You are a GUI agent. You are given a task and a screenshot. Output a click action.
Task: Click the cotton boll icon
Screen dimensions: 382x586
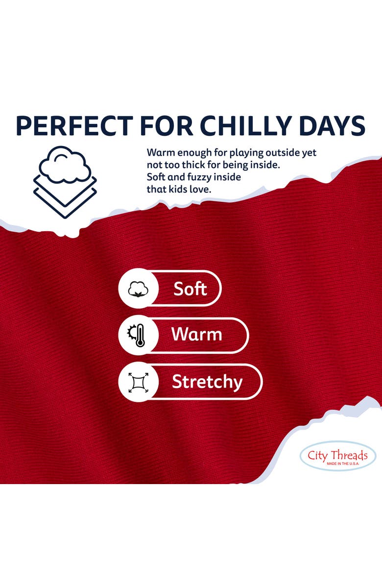(x=138, y=289)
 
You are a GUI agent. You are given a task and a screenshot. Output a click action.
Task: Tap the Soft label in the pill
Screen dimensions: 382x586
(x=190, y=289)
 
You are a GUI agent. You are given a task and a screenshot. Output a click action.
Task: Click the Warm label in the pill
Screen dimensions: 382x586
(x=197, y=334)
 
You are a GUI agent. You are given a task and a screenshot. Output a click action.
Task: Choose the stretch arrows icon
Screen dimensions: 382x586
(x=138, y=382)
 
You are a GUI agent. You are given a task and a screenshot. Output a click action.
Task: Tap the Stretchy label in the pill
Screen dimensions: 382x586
(x=207, y=382)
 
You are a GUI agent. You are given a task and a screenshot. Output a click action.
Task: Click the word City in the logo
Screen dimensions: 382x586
(x=318, y=456)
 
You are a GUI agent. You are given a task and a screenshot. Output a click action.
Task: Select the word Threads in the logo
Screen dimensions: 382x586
(x=350, y=455)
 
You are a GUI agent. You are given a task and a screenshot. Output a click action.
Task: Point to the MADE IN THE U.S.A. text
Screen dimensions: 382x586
(x=342, y=464)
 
